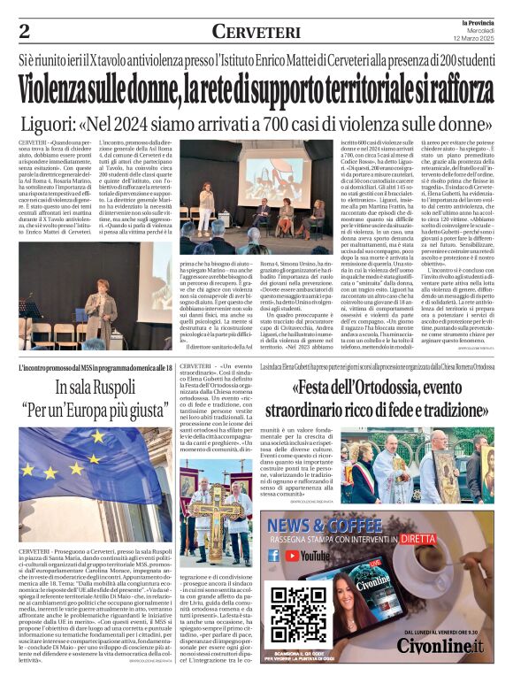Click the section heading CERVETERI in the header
[256, 32]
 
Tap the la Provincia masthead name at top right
[477, 22]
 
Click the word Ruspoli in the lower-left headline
[112, 387]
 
